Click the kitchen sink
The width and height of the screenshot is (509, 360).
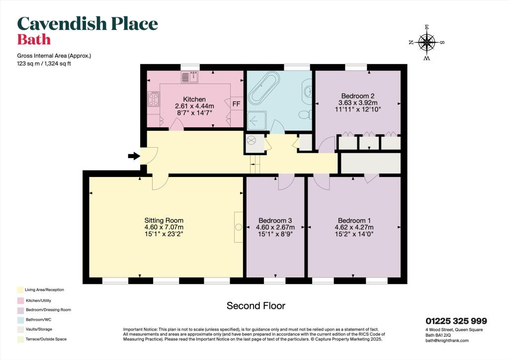click(x=189, y=77)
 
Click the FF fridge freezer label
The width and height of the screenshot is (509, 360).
click(x=237, y=104)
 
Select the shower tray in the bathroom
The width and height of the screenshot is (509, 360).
click(x=257, y=120)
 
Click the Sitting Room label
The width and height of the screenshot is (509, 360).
click(x=164, y=220)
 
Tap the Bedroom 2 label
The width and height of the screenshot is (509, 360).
click(x=357, y=96)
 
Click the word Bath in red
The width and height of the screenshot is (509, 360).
click(x=34, y=39)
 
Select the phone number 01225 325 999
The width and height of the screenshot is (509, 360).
click(x=456, y=321)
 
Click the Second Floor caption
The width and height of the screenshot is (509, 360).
click(x=256, y=306)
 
